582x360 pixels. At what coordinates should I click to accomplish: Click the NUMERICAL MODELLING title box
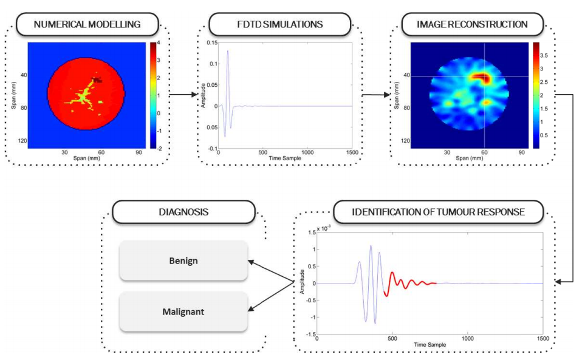[87, 24]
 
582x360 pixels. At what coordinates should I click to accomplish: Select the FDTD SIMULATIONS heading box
[280, 24]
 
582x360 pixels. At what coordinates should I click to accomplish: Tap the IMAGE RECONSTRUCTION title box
[472, 24]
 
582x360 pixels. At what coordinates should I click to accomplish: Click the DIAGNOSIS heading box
[183, 212]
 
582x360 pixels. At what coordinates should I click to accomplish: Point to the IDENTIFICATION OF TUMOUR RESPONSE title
[439, 212]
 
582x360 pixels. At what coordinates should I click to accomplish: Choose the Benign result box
[183, 260]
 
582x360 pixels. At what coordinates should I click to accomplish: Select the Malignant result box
[183, 311]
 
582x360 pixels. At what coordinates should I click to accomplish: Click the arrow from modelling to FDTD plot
[183, 95]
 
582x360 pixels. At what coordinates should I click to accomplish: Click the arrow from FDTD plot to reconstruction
[377, 95]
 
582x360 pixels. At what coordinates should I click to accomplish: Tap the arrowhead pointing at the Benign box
[251, 262]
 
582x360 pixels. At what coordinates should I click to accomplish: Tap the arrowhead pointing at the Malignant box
[251, 308]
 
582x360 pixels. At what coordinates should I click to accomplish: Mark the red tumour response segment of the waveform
[408, 284]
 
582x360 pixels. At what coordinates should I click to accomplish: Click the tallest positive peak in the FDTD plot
[228, 51]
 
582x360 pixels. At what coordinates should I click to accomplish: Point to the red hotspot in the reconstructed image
[479, 78]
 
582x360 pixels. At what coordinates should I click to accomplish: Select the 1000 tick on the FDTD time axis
[307, 152]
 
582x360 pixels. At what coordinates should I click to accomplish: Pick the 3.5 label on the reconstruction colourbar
[544, 56]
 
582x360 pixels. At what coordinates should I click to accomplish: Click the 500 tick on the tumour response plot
[392, 338]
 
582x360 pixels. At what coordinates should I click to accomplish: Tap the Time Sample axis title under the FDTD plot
[285, 158]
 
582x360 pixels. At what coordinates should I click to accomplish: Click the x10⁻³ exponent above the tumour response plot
[324, 228]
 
